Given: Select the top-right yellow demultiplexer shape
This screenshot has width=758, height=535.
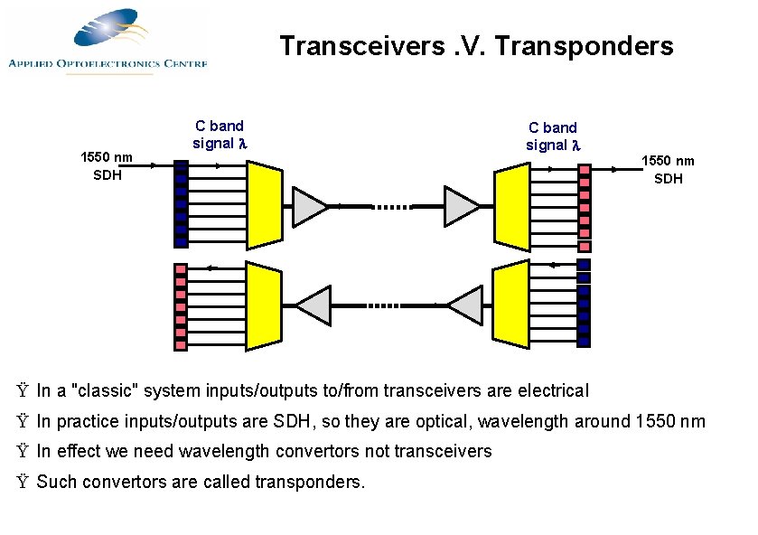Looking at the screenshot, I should pyautogui.click(x=511, y=206).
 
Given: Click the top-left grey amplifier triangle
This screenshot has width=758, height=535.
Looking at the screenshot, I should pyautogui.click(x=308, y=206).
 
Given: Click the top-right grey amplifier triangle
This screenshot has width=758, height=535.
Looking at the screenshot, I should pyautogui.click(x=461, y=206).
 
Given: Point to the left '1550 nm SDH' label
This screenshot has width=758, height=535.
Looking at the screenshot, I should pyautogui.click(x=107, y=166).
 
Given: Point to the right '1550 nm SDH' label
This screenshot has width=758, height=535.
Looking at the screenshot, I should pyautogui.click(x=668, y=170).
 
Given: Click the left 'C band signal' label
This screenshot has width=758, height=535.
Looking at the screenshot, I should pyautogui.click(x=220, y=135).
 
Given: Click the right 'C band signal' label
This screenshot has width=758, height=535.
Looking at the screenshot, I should pyautogui.click(x=552, y=136).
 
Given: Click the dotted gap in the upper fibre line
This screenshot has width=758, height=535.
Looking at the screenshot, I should pyautogui.click(x=390, y=206).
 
